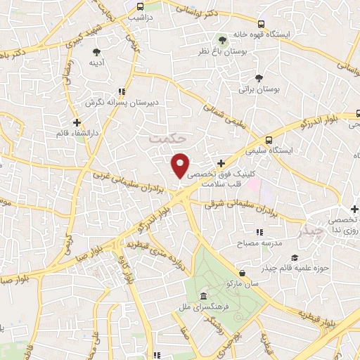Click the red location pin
point(181,165)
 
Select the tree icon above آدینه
point(96,51)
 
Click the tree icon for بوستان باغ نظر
point(222,39)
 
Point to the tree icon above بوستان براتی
point(260,77)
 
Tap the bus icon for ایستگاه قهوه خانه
point(261,22)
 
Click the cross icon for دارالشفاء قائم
point(76,122)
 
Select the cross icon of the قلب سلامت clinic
point(221,162)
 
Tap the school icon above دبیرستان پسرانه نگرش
point(122,91)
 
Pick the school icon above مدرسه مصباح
point(259,232)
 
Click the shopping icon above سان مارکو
point(243,272)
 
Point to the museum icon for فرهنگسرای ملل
point(202,295)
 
